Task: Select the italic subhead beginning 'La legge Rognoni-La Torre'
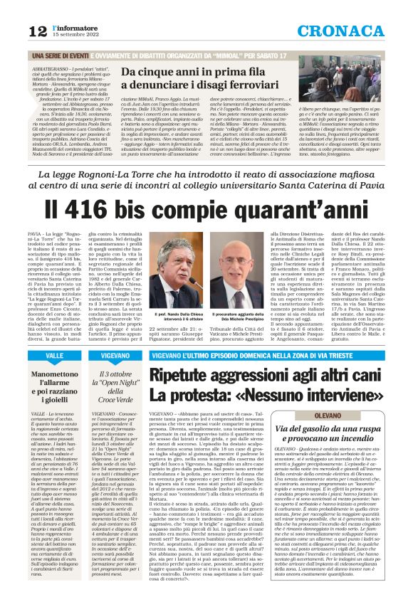point(206,179)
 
